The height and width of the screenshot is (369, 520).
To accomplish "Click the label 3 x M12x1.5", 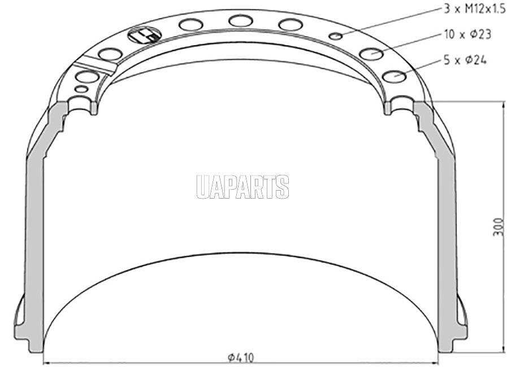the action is pos(475,8).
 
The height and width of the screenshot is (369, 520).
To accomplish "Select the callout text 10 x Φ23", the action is pos(467,34).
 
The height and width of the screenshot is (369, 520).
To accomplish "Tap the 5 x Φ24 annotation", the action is pos(465,60).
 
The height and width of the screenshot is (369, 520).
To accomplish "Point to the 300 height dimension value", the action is pos(499,227).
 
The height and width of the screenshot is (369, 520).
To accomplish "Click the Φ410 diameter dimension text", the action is pos(241,357).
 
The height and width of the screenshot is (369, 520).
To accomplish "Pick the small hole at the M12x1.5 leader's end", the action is pos(336,36).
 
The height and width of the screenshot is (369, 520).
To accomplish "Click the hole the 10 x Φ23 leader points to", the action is pos(371,53).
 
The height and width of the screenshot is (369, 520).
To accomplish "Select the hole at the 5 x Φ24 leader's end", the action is pos(394,76).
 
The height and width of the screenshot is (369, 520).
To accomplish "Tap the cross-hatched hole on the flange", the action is pos(144,35).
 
